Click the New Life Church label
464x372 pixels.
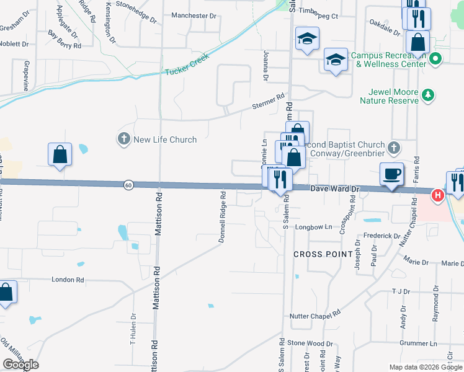coord(165,139)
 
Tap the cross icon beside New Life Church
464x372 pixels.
coord(124,138)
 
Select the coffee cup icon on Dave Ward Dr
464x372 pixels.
coord(391,174)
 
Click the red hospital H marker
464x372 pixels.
coord(437,196)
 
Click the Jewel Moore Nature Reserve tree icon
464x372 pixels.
coord(427,95)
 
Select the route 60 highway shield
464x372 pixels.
coord(128,185)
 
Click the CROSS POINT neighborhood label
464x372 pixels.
coord(323,254)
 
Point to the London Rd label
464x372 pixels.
coord(68,280)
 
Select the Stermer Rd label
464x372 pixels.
coord(268,102)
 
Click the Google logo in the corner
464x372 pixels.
coord(20,365)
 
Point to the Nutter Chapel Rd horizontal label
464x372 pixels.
coord(316,316)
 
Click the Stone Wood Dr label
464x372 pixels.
coord(310,343)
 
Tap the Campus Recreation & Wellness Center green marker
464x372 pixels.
coord(435,60)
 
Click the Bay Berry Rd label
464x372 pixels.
coord(65,42)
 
